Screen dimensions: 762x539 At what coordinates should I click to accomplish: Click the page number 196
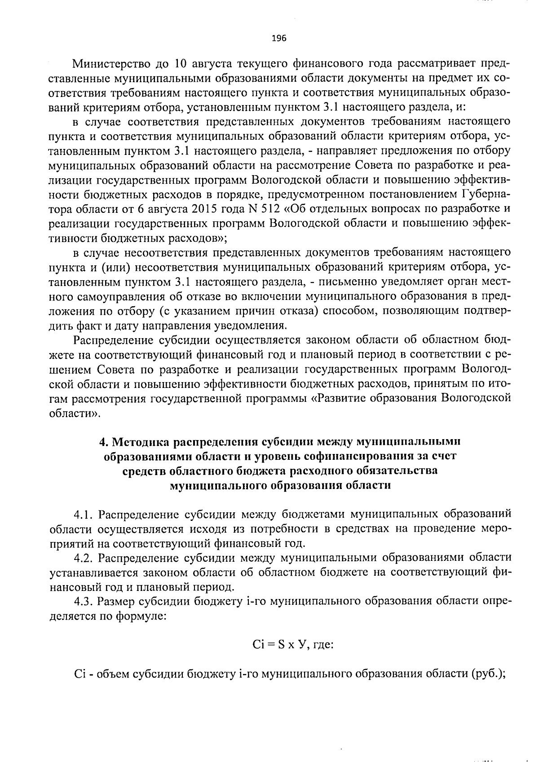[x=279, y=38]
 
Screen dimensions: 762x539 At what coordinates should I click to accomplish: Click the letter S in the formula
[x=281, y=645]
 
